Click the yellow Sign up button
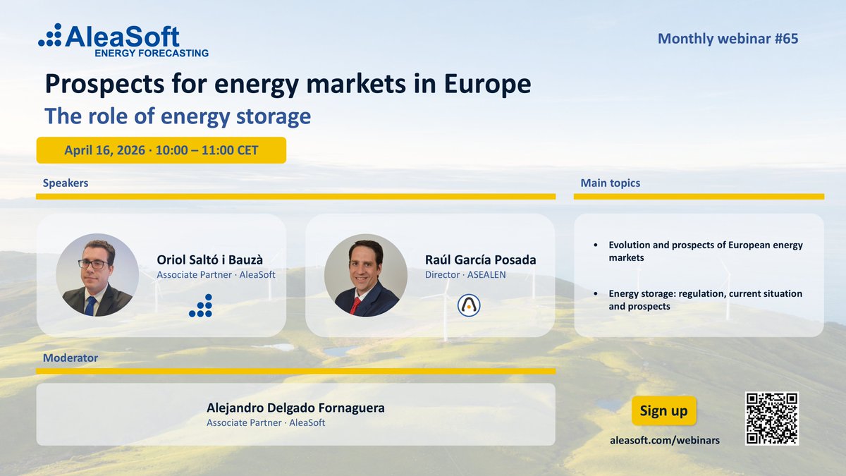click(663, 410)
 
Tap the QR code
click(771, 418)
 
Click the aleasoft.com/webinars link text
click(665, 439)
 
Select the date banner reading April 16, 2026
click(161, 150)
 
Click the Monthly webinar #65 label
click(728, 39)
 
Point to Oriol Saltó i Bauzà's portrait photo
click(97, 275)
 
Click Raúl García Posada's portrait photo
click(365, 275)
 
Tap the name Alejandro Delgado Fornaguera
click(295, 408)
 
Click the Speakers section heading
click(66, 183)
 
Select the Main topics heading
click(611, 183)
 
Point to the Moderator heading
click(70, 358)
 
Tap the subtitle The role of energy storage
click(178, 116)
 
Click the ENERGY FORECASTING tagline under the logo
click(152, 52)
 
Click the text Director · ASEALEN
click(465, 274)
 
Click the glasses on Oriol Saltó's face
click(93, 264)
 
